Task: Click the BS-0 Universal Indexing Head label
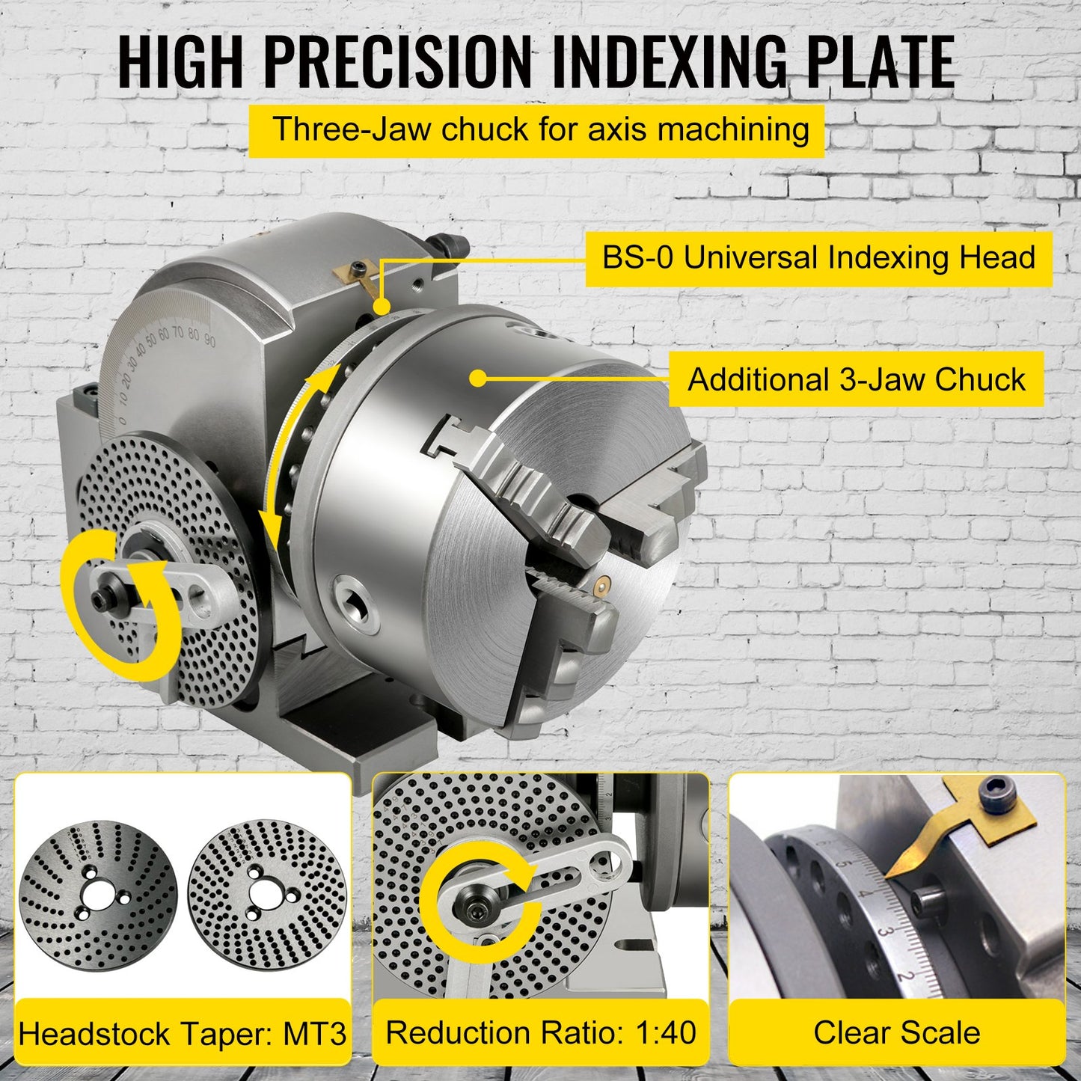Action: click(x=818, y=259)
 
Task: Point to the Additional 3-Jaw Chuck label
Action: click(x=856, y=379)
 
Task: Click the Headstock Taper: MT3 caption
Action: click(x=183, y=1034)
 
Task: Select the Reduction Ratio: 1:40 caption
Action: click(x=540, y=1032)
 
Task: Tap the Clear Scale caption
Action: click(x=896, y=1032)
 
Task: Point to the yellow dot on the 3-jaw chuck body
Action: click(x=478, y=379)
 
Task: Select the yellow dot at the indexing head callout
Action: click(x=382, y=306)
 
